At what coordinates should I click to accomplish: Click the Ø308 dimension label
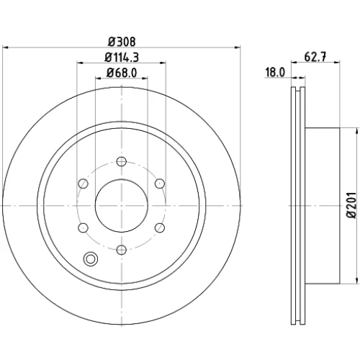point(122,42)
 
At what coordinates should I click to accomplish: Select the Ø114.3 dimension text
point(122,58)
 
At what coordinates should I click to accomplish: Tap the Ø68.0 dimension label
point(122,73)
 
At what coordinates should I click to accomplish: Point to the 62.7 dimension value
point(315,57)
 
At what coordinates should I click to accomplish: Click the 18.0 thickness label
point(275,72)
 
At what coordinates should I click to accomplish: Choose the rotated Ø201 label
point(352,205)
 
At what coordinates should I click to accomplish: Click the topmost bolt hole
point(122,161)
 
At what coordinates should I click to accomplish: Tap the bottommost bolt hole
point(122,250)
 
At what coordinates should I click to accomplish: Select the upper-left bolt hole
point(84,184)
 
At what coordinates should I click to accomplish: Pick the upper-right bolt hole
point(160,184)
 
